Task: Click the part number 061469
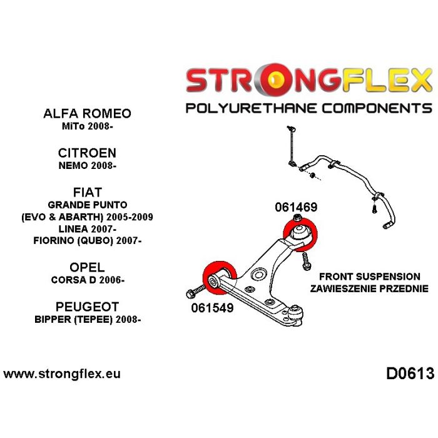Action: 295,208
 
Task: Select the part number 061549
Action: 208,308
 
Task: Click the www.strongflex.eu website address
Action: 62,374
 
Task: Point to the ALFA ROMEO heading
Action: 87,113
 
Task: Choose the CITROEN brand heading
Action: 87,153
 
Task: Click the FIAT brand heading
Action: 87,191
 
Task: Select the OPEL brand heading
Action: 87,268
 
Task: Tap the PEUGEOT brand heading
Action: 87,307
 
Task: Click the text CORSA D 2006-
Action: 87,280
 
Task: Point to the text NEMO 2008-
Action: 87,166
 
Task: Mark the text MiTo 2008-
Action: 87,126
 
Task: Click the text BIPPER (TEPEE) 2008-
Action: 87,320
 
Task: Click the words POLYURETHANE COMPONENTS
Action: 308,108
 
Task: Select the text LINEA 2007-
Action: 87,229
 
